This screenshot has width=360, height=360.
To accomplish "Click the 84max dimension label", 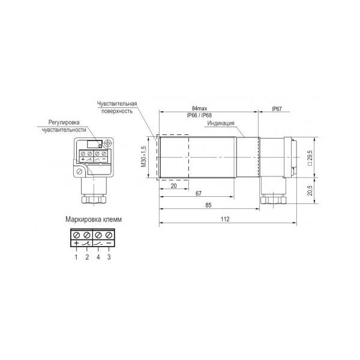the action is (x=199, y=108).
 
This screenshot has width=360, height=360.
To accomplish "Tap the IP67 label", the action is (x=277, y=109).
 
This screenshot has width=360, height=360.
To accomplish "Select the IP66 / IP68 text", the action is (x=199, y=115).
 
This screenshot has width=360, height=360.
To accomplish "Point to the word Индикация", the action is (x=221, y=123).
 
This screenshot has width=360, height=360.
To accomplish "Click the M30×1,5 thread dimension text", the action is (x=144, y=157).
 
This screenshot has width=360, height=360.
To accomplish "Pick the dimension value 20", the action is (x=174, y=186).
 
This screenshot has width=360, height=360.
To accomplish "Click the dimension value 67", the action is (x=199, y=194).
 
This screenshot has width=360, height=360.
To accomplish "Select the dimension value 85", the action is (x=208, y=205).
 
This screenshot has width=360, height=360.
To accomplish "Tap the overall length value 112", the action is (x=225, y=219).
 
